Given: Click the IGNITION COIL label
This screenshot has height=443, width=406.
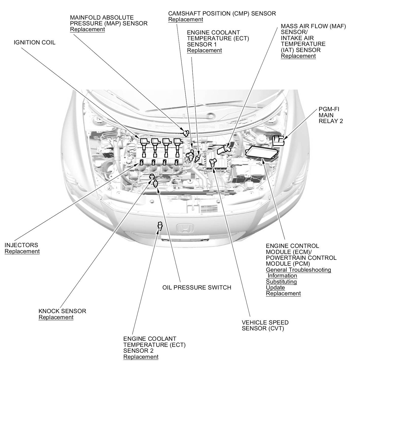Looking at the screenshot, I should pos(35,42).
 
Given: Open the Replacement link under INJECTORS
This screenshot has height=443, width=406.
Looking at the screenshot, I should pos(22,251).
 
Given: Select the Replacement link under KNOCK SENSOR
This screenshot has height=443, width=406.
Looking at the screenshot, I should pos(56,317).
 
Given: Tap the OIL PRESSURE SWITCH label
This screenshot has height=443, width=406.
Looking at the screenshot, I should pos(197,287).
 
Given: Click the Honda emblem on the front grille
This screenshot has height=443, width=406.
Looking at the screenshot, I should pos(185,228).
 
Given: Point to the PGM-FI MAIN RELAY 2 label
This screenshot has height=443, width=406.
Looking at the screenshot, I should pos(331,115).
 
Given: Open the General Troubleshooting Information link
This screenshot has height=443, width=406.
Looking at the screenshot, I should pos(298,272).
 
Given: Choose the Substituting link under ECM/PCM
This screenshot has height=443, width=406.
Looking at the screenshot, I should pos(281,282).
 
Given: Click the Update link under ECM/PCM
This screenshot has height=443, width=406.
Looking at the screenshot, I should pos(275,287).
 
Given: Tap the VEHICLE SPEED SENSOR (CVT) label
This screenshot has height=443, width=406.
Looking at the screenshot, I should pos(265,326).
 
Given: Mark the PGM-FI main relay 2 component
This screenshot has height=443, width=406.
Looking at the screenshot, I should pos(278,140).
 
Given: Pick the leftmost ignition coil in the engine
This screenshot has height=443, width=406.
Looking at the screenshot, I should pos(144,147).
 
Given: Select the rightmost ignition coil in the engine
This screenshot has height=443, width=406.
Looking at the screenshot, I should pos(178,147).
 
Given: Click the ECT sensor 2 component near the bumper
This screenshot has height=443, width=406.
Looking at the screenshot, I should pos(160,226).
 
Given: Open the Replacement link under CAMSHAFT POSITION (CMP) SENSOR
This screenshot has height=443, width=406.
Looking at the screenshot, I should pos(185,20).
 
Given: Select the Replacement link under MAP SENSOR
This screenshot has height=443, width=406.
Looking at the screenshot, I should pos(87,29).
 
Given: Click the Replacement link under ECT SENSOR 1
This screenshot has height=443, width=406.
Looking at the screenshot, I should pos(204,50).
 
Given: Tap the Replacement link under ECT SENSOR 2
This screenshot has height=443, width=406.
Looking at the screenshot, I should pos(141,357).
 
